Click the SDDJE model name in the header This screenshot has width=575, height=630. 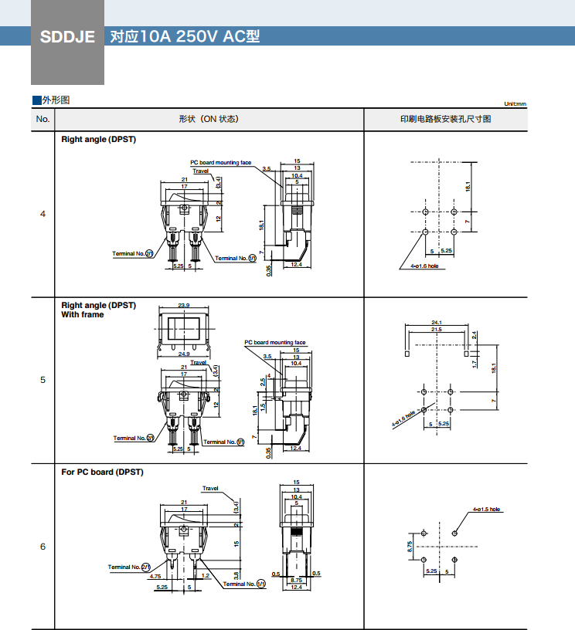(x=66, y=36)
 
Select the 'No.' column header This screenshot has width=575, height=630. (x=43, y=119)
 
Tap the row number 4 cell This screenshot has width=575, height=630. (x=43, y=213)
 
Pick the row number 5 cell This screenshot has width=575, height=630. (x=43, y=380)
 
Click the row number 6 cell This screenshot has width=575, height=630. (x=43, y=547)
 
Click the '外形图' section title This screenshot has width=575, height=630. (x=56, y=100)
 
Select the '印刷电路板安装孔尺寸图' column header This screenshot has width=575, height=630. (x=445, y=119)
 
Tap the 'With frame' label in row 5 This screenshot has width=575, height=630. (x=82, y=314)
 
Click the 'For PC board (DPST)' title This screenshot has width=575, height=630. (x=102, y=472)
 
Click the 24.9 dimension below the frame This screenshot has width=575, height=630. (x=184, y=354)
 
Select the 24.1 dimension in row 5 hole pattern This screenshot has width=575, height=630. (x=436, y=322)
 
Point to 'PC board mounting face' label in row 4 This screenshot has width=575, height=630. (x=220, y=163)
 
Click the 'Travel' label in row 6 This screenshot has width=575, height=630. (x=210, y=488)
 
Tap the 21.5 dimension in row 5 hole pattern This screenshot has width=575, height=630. (x=436, y=330)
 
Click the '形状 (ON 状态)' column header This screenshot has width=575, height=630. (x=208, y=119)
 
